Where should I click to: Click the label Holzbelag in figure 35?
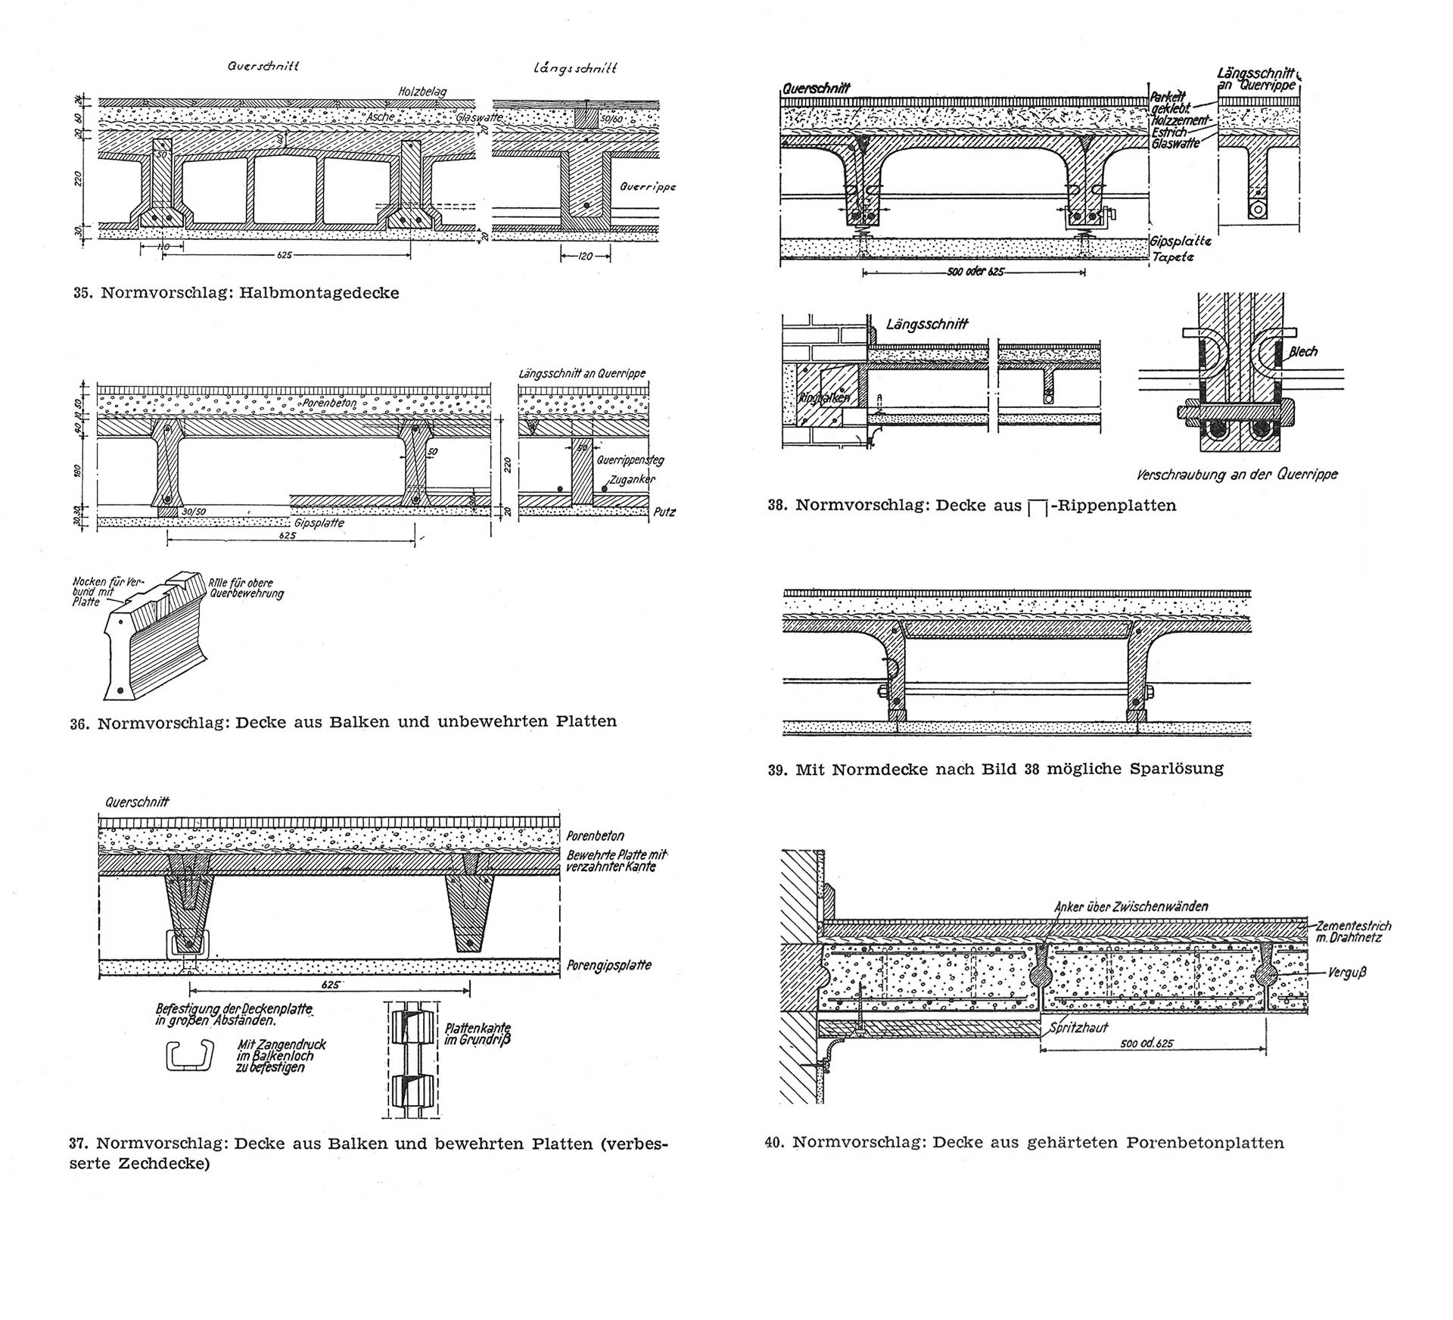(422, 92)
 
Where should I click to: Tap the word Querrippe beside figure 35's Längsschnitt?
(647, 186)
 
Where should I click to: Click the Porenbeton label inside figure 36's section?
(329, 403)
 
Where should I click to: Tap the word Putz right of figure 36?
(664, 512)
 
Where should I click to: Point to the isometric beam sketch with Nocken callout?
(155, 640)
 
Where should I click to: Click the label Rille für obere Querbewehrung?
(246, 588)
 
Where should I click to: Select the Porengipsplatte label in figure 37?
(608, 965)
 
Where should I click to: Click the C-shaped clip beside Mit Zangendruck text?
(190, 1054)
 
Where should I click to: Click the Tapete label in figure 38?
(1172, 257)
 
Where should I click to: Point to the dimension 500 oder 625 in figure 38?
(975, 271)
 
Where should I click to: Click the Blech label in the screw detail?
(1303, 351)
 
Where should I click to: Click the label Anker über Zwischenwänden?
(1131, 906)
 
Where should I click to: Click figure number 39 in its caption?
(776, 770)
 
